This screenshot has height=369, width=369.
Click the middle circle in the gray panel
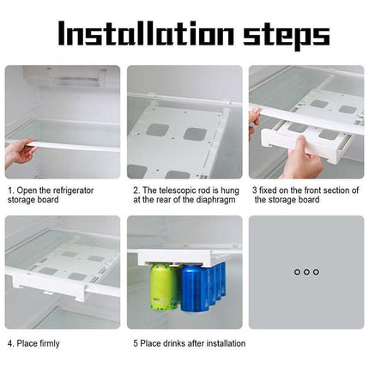(305, 271)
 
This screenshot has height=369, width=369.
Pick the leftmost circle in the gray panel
(296, 271)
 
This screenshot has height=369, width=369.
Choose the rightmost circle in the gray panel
(316, 271)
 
